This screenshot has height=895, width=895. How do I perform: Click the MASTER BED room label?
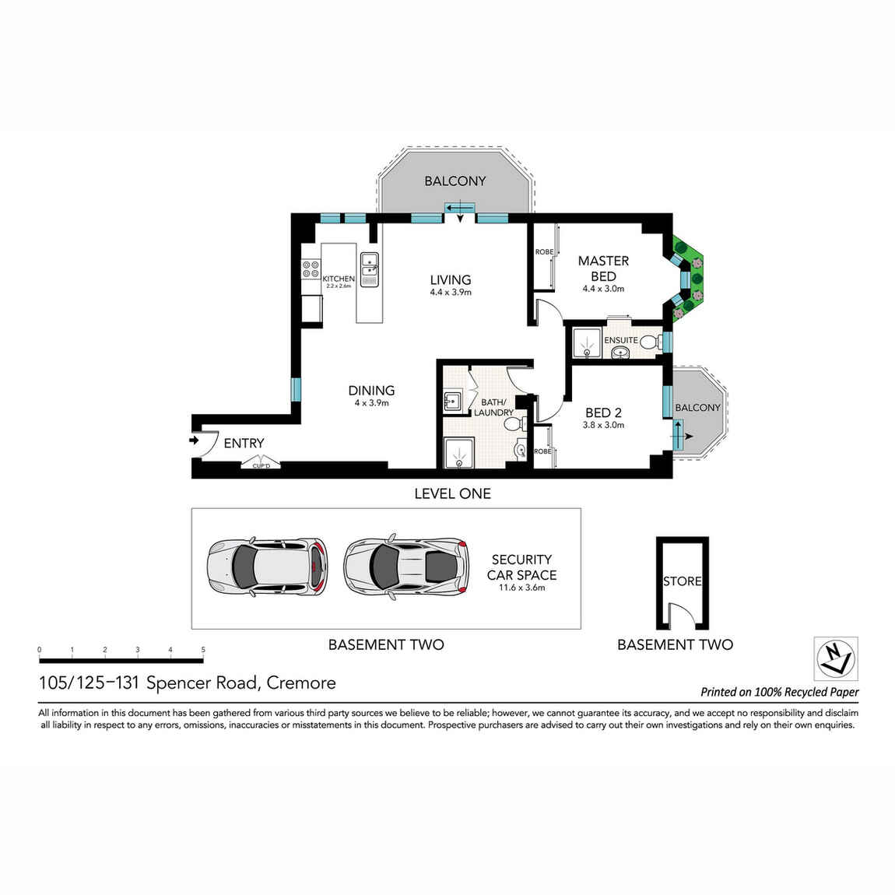pyautogui.click(x=603, y=268)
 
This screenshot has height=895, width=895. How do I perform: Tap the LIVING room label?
pyautogui.click(x=451, y=280)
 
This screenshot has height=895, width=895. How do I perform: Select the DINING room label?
pyautogui.click(x=371, y=391)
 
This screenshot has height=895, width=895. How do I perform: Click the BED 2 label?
pyautogui.click(x=603, y=413)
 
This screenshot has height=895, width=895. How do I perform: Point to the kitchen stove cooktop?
pyautogui.click(x=311, y=268)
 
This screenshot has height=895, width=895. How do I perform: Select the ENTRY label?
pyautogui.click(x=244, y=443)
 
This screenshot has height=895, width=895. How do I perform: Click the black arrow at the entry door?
pyautogui.click(x=193, y=440)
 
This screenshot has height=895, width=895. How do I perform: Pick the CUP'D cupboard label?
pyautogui.click(x=260, y=465)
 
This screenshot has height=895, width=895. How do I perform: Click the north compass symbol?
pyautogui.click(x=835, y=658)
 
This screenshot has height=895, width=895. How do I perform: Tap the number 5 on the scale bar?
pyautogui.click(x=203, y=650)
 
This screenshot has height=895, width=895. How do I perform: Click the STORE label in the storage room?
pyautogui.click(x=682, y=581)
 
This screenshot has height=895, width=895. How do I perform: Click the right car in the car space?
pyautogui.click(x=406, y=567)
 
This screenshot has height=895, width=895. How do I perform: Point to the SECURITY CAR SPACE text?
pyautogui.click(x=521, y=568)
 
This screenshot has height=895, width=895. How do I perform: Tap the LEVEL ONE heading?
pyautogui.click(x=452, y=493)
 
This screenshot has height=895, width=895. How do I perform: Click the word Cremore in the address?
pyautogui.click(x=301, y=683)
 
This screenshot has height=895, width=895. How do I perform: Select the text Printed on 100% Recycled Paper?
pyautogui.click(x=779, y=692)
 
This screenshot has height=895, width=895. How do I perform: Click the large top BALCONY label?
pyautogui.click(x=455, y=181)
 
